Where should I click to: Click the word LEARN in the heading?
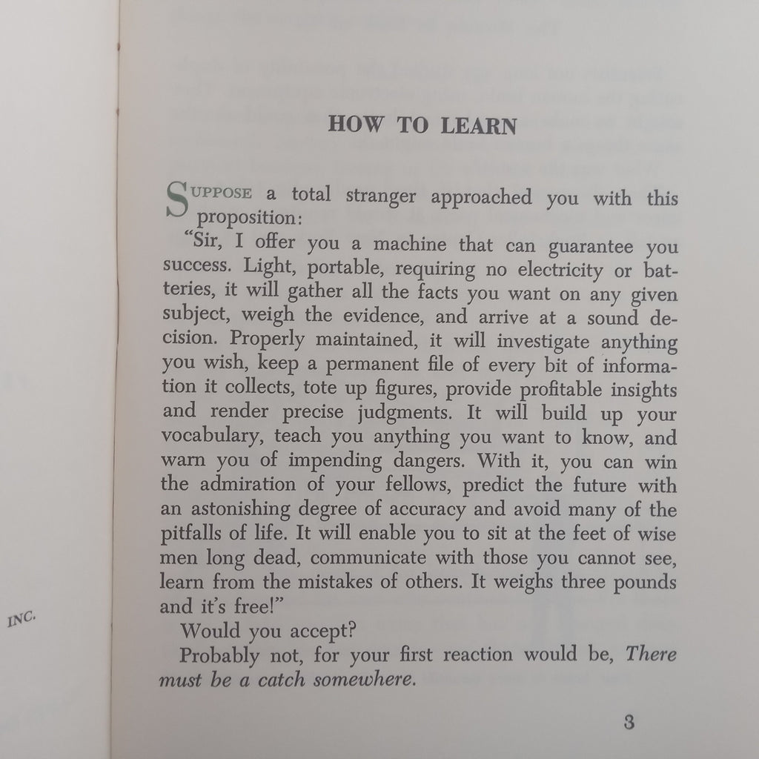coord(478,125)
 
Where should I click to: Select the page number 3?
coord(629,722)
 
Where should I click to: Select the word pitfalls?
coord(188,534)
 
